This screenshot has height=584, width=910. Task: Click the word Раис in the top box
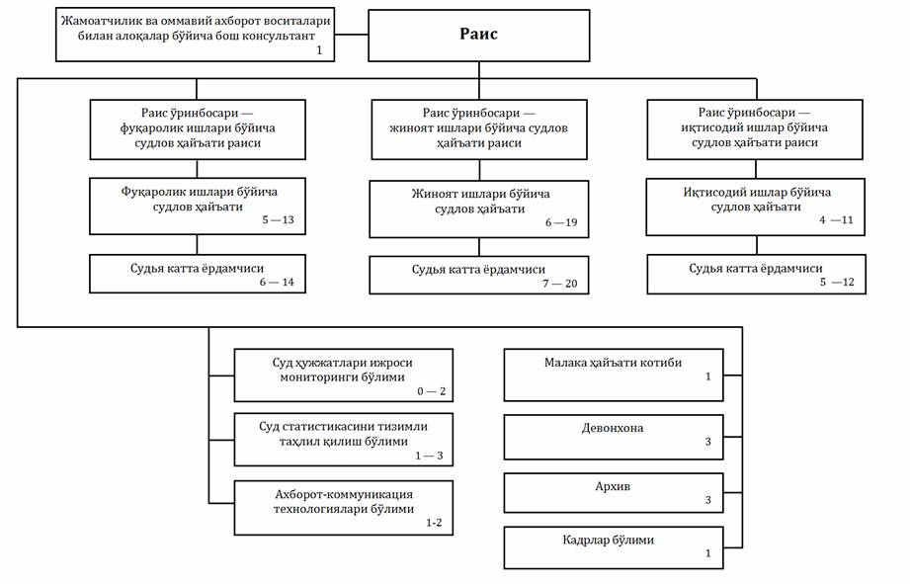[x=478, y=34]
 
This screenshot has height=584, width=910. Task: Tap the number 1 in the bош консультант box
[x=319, y=50]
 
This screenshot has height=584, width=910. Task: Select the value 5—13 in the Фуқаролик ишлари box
[x=278, y=220]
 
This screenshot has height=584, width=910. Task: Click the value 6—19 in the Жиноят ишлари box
[x=561, y=222]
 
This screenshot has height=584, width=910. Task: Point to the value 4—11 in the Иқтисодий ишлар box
[x=836, y=220]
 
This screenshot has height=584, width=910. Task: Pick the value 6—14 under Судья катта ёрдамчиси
[x=277, y=283]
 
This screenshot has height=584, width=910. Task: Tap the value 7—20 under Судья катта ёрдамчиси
[x=560, y=284]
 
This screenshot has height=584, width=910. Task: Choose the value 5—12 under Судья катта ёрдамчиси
[x=837, y=283]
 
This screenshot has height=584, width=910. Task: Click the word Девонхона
[x=613, y=429]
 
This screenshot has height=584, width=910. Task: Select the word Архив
[x=613, y=486]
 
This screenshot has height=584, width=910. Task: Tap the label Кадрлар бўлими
[x=608, y=540]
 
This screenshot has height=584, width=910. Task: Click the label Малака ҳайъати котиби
[x=613, y=363]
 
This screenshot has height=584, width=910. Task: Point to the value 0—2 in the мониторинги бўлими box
[x=431, y=391]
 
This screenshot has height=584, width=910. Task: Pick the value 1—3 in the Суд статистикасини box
[x=429, y=456]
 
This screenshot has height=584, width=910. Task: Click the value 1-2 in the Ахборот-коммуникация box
[x=434, y=523]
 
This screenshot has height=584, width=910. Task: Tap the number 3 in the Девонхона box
[x=708, y=442]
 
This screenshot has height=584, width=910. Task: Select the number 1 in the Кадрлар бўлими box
[x=708, y=553]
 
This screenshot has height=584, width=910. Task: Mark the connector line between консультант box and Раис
[x=352, y=35]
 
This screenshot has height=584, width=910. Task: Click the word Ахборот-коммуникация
[x=344, y=495]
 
